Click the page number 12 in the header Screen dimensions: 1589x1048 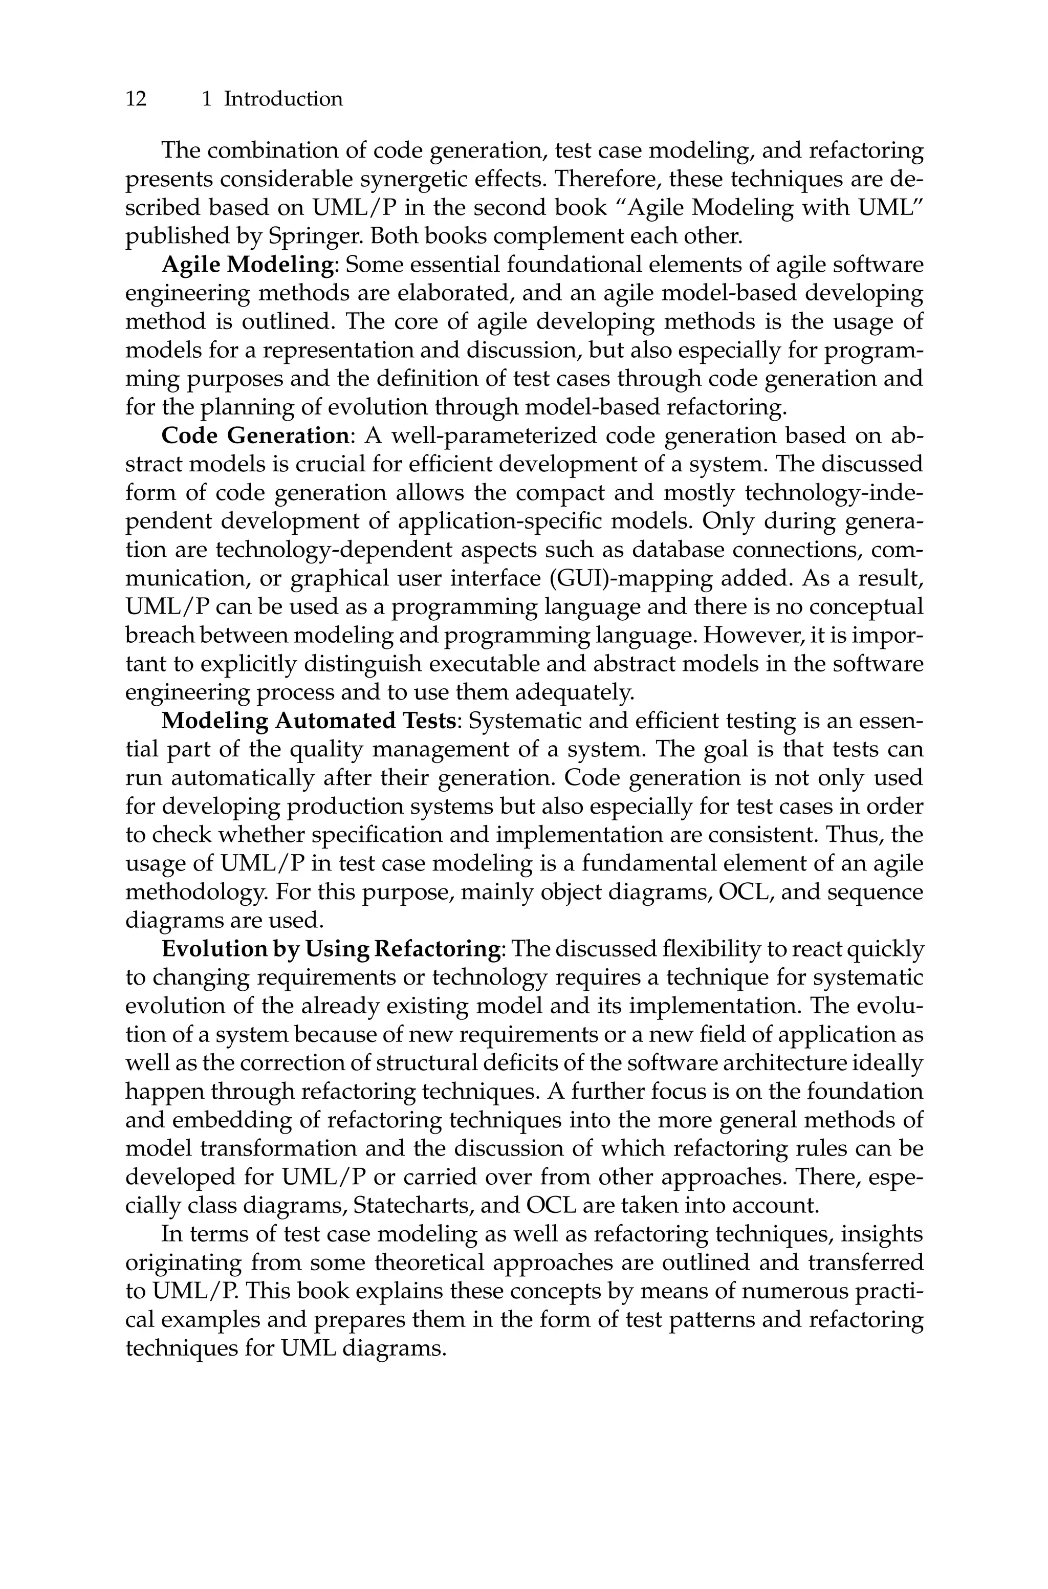tap(136, 99)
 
